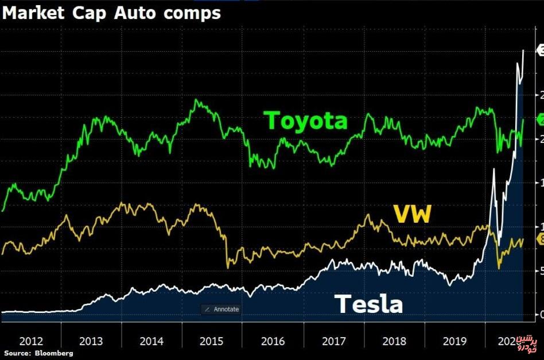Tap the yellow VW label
[x=411, y=215]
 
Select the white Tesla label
[x=368, y=304]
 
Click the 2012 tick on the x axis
[x=30, y=341]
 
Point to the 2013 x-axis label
[x=91, y=341]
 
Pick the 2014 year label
[x=151, y=341]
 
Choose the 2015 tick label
[x=212, y=341]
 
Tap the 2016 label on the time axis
[x=273, y=341]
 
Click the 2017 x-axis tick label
[x=333, y=341]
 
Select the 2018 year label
[x=394, y=341]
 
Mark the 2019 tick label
[x=455, y=341]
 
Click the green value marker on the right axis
[x=539, y=119]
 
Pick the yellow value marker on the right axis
[x=539, y=239]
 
